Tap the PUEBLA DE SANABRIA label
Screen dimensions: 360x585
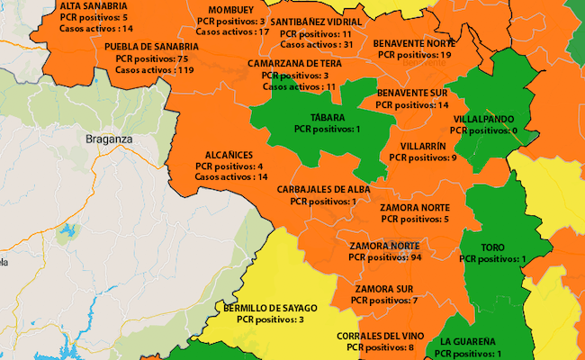coord(151,46)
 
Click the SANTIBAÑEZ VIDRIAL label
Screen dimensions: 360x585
coord(316,21)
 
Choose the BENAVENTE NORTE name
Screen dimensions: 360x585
coord(414,42)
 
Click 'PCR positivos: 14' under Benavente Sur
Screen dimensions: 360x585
coord(411,105)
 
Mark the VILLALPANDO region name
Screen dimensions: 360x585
coord(483,119)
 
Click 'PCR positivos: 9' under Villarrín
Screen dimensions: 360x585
coord(423,157)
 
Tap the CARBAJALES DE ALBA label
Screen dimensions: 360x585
coord(323,190)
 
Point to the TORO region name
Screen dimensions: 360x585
coord(492,247)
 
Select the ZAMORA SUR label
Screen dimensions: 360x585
coord(384,288)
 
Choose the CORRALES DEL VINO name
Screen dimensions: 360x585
coord(380,336)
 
